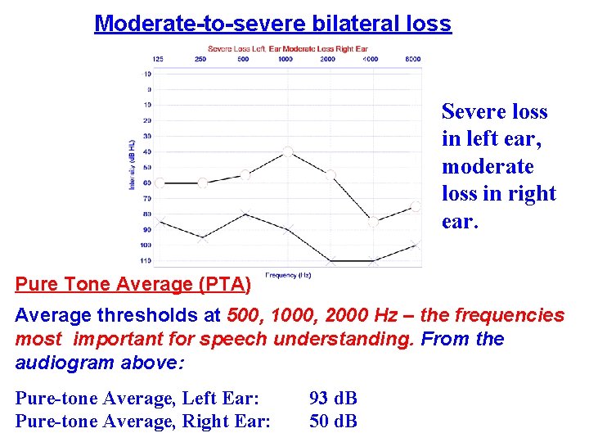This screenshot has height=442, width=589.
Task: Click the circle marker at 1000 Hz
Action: [x=287, y=151]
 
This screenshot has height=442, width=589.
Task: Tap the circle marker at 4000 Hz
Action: [x=373, y=222]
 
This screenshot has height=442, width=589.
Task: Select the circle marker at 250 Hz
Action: [x=202, y=183]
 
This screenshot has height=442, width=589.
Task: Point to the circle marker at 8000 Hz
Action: [x=416, y=206]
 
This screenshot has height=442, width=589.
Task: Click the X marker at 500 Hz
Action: [x=245, y=214]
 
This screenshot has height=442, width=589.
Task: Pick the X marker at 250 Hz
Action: [x=202, y=238]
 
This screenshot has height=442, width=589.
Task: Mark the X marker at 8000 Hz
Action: [x=416, y=244]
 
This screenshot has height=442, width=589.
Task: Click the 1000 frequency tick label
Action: [x=286, y=59]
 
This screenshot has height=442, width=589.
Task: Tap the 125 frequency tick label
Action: [x=158, y=59]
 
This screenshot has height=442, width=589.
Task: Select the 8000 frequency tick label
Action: [x=413, y=59]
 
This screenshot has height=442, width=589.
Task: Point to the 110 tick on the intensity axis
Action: [x=145, y=260]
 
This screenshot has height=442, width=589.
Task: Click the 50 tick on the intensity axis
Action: [x=146, y=167]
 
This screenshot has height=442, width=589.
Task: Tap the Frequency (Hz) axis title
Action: [x=287, y=274]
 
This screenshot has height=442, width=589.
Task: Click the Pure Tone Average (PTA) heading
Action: [x=133, y=285]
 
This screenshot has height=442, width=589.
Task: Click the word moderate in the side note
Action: [x=488, y=166]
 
